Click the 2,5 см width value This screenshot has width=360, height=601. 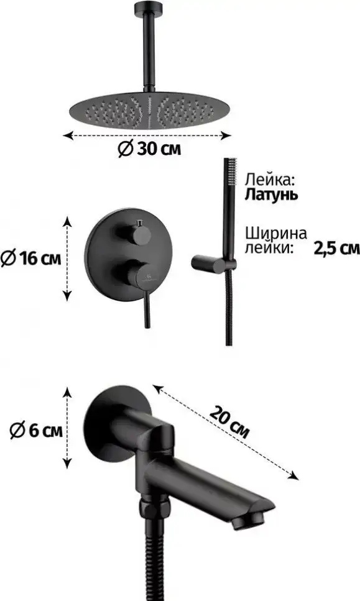337,248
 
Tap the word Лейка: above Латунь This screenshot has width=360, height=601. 269,180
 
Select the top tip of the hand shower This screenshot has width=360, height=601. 231,165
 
